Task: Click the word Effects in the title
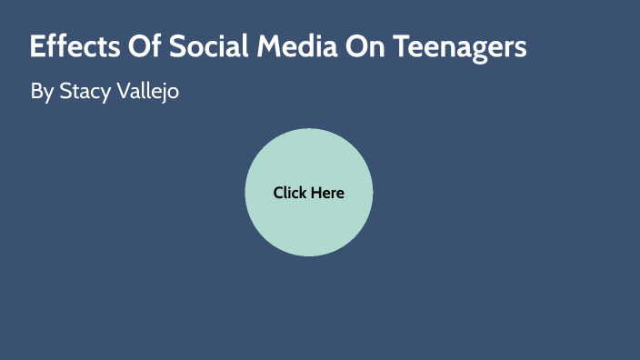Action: tap(71, 47)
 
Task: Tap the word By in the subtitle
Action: tap(42, 93)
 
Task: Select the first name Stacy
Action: tap(86, 93)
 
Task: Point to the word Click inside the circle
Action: tap(290, 193)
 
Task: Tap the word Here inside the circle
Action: tap(327, 193)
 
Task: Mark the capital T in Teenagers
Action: tap(401, 47)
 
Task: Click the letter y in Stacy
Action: tap(111, 95)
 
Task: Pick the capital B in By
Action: tap(36, 92)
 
